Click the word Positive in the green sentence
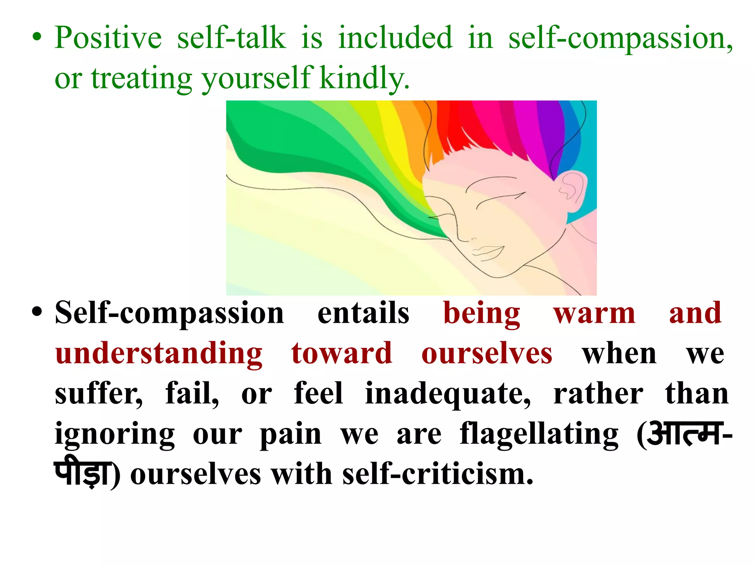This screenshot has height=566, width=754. click(108, 38)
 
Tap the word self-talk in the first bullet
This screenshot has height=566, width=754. click(231, 38)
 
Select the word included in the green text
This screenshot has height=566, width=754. click(395, 38)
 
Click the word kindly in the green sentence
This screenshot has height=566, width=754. click(364, 78)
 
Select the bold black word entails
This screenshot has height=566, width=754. click(363, 313)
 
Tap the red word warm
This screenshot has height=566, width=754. click(594, 313)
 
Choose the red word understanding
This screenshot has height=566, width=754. click(159, 354)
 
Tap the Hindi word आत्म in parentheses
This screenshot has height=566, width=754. click(684, 434)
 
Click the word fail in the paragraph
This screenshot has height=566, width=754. click(191, 394)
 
